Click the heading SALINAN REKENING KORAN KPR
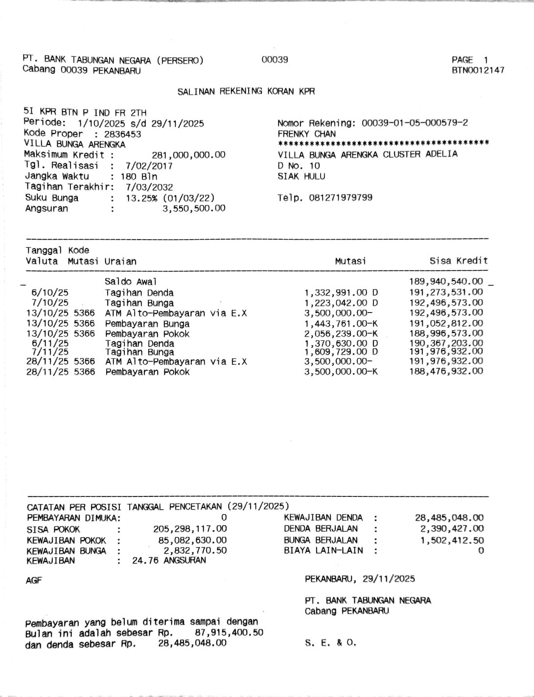click(x=246, y=91)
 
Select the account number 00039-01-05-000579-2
click(x=415, y=123)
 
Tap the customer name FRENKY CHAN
click(x=306, y=134)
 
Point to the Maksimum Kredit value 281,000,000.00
click(x=188, y=155)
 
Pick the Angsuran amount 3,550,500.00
click(x=194, y=209)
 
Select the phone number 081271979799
click(x=341, y=198)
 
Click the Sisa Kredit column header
click(x=459, y=261)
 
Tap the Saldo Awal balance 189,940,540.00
click(x=446, y=282)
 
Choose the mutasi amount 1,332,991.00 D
click(x=341, y=292)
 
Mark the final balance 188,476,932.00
click(x=446, y=371)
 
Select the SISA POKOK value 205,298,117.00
click(x=190, y=529)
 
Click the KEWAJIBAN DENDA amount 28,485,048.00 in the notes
click(x=449, y=517)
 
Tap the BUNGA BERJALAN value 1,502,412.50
click(x=452, y=540)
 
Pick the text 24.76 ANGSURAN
click(x=169, y=561)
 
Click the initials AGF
click(x=34, y=581)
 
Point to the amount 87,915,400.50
click(x=229, y=633)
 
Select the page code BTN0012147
click(x=478, y=70)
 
